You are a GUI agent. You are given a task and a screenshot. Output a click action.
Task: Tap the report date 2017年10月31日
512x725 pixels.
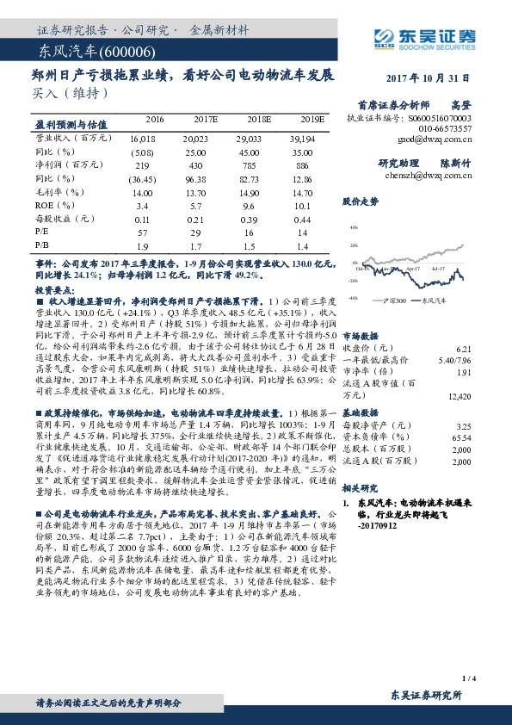click(435, 77)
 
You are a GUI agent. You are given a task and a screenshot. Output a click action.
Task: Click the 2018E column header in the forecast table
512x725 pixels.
click(257, 119)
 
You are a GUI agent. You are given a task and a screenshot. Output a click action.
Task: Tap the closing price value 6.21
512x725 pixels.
click(464, 346)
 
